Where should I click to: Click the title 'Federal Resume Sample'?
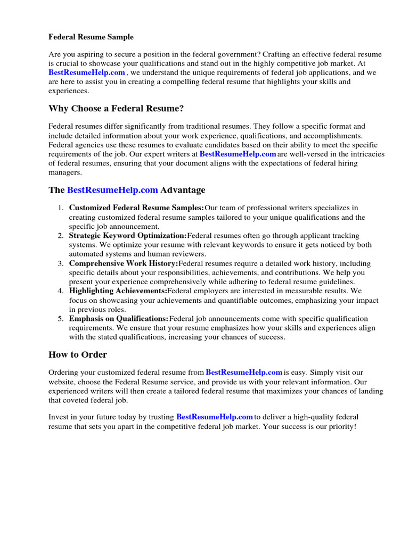tap(91, 37)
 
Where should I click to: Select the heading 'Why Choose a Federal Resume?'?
tap(116, 109)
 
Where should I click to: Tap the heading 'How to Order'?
tap(78, 354)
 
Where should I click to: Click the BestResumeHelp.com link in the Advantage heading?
tap(112, 190)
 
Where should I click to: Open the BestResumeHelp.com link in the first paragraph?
tap(87, 72)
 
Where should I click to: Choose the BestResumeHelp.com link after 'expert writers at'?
tap(238, 154)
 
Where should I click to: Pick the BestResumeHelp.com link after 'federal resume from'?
tap(244, 373)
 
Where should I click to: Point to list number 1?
tap(61, 208)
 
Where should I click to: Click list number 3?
tap(61, 263)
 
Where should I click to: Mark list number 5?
tap(61, 319)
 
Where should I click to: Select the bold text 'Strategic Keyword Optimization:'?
tap(128, 235)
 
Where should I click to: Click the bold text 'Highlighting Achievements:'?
tap(118, 291)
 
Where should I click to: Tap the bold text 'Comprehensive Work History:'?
tap(124, 263)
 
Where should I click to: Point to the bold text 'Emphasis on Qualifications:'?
tap(119, 319)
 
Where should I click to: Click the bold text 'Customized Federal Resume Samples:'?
tap(136, 208)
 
